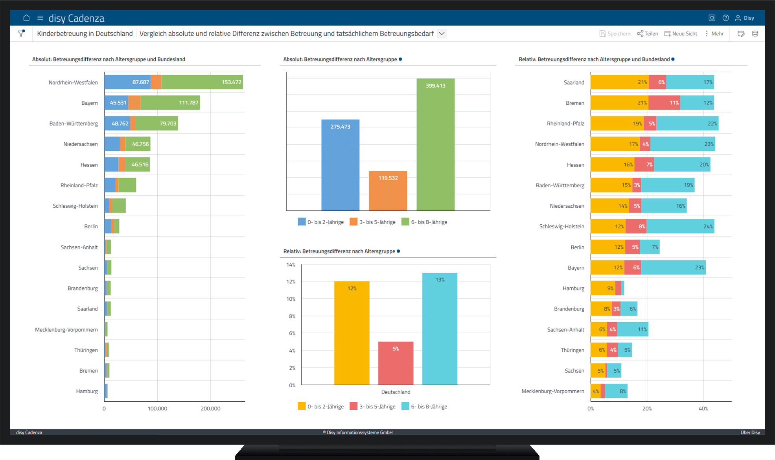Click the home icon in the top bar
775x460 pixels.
(26, 18)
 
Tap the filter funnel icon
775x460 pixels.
(21, 33)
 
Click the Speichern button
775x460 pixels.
(615, 34)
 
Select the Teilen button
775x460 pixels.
(647, 34)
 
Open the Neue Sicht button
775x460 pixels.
(681, 34)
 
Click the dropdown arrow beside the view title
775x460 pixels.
(442, 33)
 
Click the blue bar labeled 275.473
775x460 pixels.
(340, 165)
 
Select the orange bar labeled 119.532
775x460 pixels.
(388, 191)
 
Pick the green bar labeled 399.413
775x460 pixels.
(436, 144)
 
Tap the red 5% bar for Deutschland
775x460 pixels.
(396, 363)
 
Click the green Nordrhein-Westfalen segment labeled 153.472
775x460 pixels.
(202, 82)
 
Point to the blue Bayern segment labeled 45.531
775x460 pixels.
(116, 103)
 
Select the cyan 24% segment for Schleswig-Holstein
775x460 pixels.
(680, 226)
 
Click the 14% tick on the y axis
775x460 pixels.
(291, 265)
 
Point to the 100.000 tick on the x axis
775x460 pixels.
(157, 408)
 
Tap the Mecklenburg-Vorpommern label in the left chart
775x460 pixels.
(66, 330)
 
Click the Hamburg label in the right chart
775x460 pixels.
(573, 288)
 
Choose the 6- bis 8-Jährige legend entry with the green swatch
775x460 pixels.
(424, 222)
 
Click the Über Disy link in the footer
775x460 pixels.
(750, 432)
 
